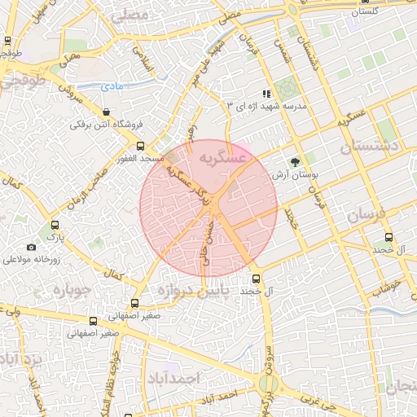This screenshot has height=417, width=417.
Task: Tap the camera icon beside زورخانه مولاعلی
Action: (x=31, y=247)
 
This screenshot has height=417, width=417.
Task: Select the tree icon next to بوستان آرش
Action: (x=295, y=161)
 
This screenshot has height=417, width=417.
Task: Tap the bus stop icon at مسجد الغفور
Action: (x=140, y=145)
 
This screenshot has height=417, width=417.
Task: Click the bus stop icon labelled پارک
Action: (x=55, y=225)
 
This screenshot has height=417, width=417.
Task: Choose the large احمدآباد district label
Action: (x=174, y=379)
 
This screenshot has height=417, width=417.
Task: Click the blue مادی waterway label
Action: (x=112, y=86)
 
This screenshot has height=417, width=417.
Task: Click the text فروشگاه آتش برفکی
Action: (x=106, y=125)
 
